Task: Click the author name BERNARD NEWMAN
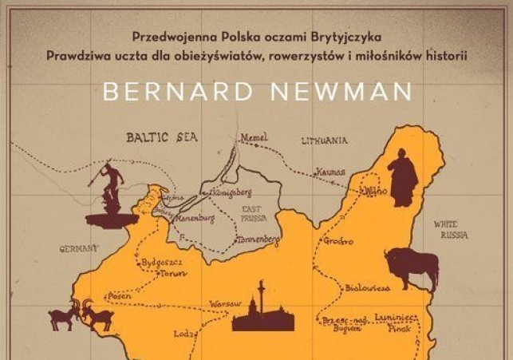256,90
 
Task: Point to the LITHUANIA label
324,140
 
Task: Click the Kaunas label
330,172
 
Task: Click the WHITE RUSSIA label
451,230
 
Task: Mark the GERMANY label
79,248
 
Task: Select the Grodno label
338,241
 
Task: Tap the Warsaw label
224,304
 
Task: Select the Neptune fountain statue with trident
111,196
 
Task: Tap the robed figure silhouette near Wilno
402,180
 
